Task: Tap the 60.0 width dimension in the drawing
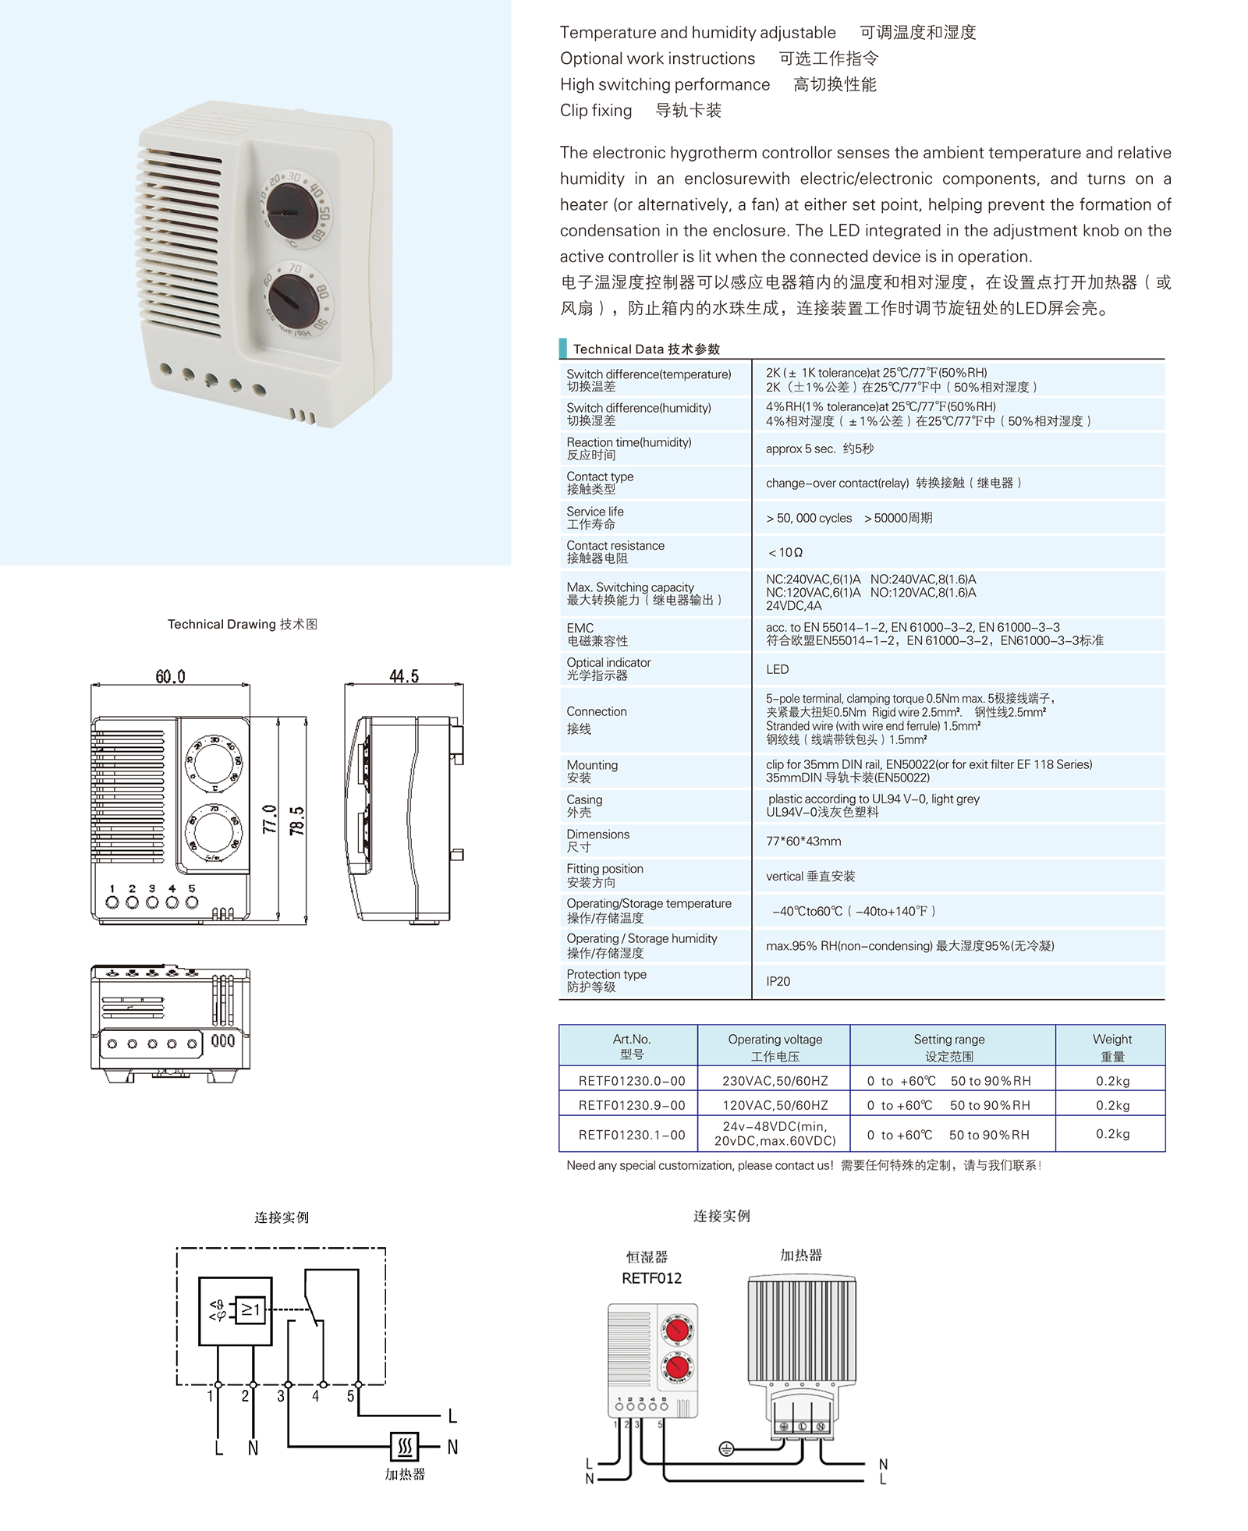(x=170, y=676)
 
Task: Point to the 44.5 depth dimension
(x=404, y=676)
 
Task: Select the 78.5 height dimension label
(x=297, y=821)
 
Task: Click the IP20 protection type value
(x=778, y=981)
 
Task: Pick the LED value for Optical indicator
(x=777, y=669)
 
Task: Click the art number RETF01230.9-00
(x=632, y=1105)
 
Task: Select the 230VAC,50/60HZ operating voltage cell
(x=775, y=1081)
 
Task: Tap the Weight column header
(x=1111, y=1047)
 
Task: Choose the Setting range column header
(x=949, y=1047)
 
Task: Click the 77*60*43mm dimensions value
(x=803, y=841)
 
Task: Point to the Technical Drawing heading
(x=242, y=624)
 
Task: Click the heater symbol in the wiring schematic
(x=405, y=1447)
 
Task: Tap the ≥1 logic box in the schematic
(x=250, y=1310)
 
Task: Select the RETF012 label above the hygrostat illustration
(x=651, y=1278)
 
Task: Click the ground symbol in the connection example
(x=726, y=1448)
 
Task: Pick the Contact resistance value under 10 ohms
(x=785, y=552)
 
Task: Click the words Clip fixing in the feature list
(x=596, y=111)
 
